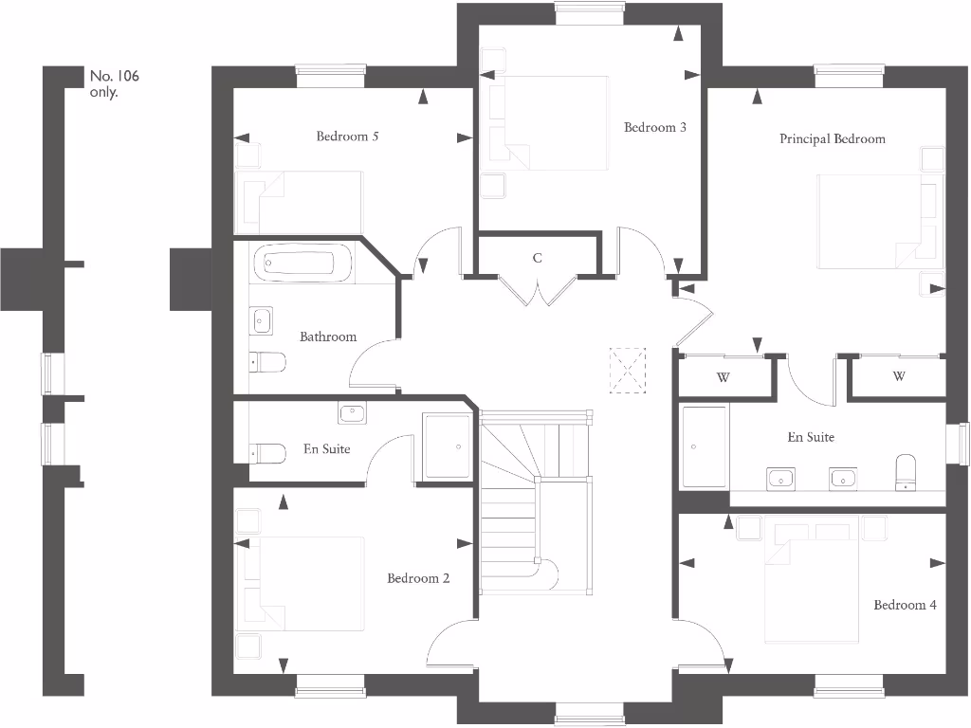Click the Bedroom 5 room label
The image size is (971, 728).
347,136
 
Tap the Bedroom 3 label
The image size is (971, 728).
654,128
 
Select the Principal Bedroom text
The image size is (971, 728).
832,139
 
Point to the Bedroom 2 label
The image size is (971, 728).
418,579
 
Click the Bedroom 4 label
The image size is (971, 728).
905,606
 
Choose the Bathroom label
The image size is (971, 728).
328,337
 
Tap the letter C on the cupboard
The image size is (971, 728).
538,258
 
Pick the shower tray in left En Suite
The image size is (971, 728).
446,446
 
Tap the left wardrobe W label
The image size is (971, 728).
723,377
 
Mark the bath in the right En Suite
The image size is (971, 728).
704,446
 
